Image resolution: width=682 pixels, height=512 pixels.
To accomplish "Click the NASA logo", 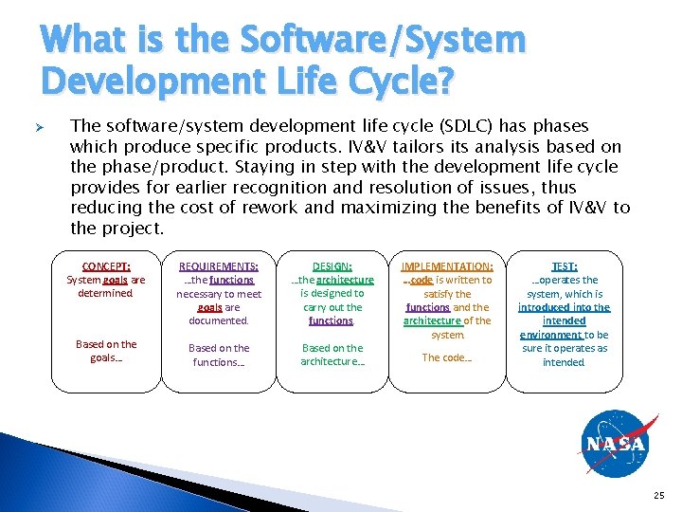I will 615,444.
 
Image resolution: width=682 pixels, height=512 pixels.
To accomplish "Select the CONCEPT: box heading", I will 106,267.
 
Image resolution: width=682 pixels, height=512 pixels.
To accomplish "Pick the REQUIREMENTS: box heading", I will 219,267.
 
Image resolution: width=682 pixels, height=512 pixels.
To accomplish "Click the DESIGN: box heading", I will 332,267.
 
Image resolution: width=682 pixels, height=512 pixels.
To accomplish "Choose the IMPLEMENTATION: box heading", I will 447,267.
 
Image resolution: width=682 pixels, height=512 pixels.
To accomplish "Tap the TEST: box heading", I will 565,267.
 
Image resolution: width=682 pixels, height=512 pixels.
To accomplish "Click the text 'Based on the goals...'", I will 106,351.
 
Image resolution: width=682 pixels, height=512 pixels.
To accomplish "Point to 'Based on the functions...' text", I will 219,355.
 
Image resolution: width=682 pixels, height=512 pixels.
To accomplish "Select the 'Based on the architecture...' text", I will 332,355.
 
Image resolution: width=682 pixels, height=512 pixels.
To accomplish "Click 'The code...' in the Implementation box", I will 446,357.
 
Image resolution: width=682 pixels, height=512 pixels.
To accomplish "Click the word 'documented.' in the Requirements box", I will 219,321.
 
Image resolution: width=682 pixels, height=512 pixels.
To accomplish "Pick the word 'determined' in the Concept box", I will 105,294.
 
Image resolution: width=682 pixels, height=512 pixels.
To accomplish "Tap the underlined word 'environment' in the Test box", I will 550,335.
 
